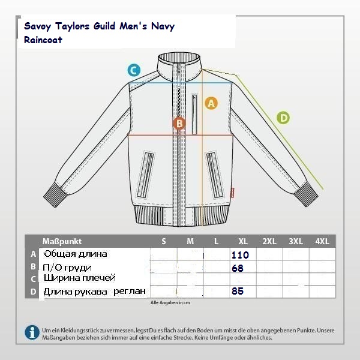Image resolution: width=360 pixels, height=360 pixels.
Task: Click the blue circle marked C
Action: click(x=134, y=70)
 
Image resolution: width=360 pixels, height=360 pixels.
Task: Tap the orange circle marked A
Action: click(x=211, y=103)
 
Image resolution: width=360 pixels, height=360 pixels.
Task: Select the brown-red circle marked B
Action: click(x=179, y=123)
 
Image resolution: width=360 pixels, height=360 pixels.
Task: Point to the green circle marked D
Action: click(x=283, y=118)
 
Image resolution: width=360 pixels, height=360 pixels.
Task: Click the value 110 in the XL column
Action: click(x=240, y=255)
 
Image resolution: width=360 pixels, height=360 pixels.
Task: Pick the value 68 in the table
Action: click(x=238, y=268)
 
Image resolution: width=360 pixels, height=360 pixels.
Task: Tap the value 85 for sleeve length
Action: click(x=238, y=291)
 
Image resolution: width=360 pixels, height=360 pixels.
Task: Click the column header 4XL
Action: click(x=322, y=241)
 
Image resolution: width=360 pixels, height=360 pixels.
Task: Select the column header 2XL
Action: click(x=269, y=241)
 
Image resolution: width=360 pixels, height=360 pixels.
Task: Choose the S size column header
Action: click(x=164, y=241)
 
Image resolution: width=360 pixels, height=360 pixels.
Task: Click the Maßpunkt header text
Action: click(x=62, y=241)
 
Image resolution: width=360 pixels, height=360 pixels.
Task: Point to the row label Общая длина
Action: click(x=76, y=254)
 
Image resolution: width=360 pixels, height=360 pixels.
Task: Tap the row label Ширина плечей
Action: click(x=79, y=278)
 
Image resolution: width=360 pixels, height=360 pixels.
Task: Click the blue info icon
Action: click(x=32, y=332)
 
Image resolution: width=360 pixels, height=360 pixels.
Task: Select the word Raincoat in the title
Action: click(x=43, y=40)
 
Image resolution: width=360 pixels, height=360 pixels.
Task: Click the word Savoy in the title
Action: click(x=37, y=26)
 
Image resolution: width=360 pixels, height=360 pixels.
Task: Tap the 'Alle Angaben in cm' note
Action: click(x=170, y=302)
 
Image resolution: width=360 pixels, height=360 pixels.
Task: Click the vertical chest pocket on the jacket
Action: click(x=194, y=113)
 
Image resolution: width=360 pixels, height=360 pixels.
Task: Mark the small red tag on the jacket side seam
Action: click(x=232, y=193)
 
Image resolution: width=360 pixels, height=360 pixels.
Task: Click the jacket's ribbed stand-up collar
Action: click(x=179, y=67)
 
